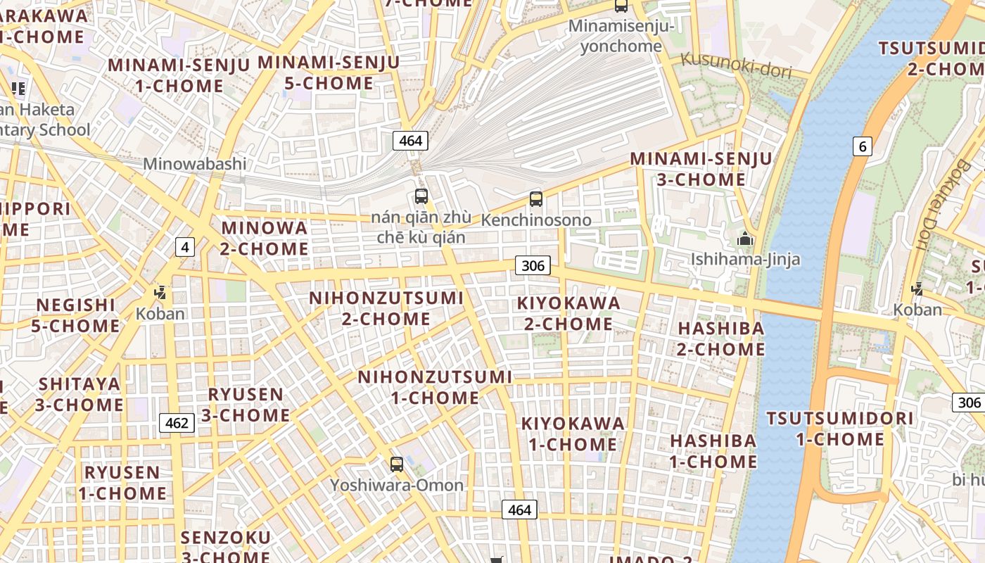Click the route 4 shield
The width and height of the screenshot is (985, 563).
(x=184, y=247)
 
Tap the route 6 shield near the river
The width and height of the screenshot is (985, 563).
(x=862, y=146)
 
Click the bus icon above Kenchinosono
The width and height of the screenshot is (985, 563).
(x=536, y=199)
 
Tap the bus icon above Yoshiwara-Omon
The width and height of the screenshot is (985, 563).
(x=397, y=464)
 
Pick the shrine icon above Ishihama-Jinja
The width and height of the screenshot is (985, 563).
(x=744, y=239)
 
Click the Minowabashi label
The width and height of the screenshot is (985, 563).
(x=195, y=164)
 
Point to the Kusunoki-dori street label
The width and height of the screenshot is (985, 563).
(x=736, y=67)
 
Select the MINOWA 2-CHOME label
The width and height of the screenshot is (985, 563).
(x=265, y=238)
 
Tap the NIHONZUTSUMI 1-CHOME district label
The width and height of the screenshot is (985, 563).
(x=436, y=387)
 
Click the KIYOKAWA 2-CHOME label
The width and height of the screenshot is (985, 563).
(x=568, y=313)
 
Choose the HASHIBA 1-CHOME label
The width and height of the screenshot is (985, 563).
(x=713, y=451)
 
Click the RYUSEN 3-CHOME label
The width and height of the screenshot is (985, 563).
(x=246, y=405)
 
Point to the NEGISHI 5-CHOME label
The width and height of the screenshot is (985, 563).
(x=75, y=315)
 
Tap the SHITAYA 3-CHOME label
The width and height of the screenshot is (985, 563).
(x=80, y=394)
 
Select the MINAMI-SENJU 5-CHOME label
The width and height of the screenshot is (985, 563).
(x=329, y=72)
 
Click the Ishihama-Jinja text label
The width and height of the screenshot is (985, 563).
(x=745, y=259)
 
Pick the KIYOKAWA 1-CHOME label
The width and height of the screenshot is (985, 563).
(x=573, y=434)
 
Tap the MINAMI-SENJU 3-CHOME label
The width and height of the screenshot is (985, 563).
(x=701, y=169)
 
